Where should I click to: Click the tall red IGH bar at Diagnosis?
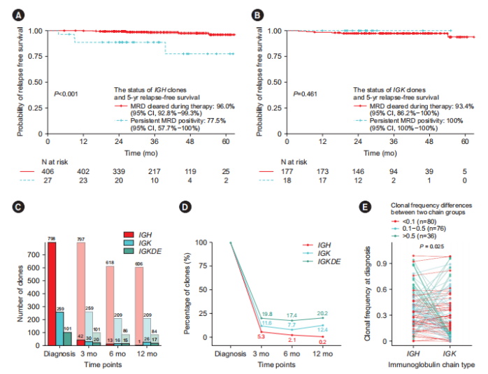point(52,294)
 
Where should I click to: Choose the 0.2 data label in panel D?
point(321,341)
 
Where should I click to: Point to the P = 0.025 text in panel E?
point(431,246)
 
